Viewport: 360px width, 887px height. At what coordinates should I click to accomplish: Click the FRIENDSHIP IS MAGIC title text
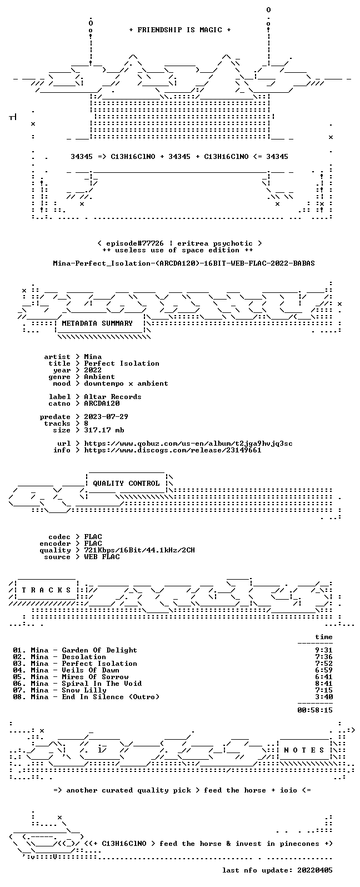(x=180, y=30)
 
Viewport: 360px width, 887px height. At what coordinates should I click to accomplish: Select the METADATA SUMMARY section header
(x=97, y=323)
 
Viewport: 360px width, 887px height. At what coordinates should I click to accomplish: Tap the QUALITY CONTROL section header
(x=126, y=484)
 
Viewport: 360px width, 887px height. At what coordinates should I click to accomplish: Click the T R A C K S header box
(x=46, y=590)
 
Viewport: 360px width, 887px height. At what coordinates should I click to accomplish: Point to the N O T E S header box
(x=304, y=750)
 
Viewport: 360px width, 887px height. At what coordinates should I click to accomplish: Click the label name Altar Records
(x=112, y=397)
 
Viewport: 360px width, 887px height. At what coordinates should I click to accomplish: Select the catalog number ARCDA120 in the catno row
(x=102, y=403)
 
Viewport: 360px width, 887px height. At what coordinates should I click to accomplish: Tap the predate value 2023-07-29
(x=106, y=417)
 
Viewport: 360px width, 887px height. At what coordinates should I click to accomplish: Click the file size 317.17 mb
(x=104, y=430)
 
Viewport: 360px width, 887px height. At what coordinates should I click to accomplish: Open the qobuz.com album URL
(x=188, y=443)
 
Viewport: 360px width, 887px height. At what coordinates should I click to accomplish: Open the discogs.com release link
(x=173, y=450)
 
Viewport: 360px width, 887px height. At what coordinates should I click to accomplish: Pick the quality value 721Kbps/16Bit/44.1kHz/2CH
(x=139, y=550)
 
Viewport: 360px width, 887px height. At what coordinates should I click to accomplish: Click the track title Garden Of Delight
(x=99, y=650)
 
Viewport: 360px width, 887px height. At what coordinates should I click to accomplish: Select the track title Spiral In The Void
(x=102, y=684)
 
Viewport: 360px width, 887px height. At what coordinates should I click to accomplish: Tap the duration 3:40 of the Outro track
(x=324, y=697)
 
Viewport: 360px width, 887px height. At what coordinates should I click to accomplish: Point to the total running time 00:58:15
(x=315, y=710)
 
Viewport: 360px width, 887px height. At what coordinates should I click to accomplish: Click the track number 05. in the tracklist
(x=20, y=677)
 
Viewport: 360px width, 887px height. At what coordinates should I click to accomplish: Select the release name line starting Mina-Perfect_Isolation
(x=184, y=264)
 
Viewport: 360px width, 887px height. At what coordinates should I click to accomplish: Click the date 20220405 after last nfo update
(x=315, y=870)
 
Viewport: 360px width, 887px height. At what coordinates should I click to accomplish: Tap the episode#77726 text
(x=134, y=243)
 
